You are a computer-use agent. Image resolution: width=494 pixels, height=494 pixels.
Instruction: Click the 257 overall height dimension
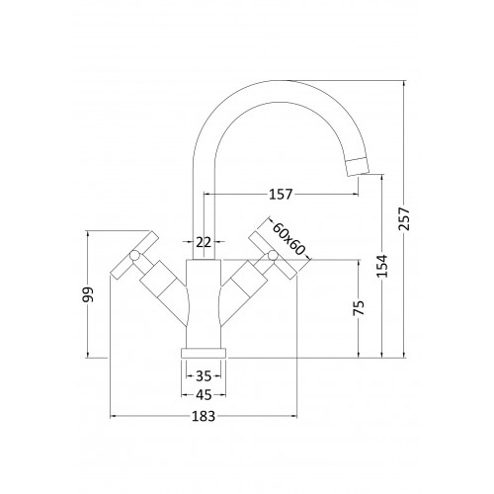404,219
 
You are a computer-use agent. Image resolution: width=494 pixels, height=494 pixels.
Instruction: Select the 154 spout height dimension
382,266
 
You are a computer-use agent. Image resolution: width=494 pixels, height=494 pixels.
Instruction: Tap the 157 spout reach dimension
281,195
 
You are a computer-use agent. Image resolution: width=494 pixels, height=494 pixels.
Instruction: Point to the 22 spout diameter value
204,243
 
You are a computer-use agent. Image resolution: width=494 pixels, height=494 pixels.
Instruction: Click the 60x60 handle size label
289,239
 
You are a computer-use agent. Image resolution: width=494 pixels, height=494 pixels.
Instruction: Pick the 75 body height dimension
360,307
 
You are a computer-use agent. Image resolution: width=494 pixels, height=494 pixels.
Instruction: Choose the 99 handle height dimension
88,294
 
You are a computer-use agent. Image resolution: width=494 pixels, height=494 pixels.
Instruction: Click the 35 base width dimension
204,375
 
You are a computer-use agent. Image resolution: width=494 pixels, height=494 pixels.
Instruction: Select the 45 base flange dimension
204,394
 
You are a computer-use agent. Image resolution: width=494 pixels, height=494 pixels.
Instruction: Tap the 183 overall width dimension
204,416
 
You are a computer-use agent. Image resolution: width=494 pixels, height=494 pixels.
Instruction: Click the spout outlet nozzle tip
358,167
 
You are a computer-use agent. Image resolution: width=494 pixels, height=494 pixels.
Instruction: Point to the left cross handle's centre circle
134,255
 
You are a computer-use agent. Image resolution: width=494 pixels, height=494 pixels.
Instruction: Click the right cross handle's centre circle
273,255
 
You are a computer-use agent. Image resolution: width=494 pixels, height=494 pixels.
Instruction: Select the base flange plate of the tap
204,353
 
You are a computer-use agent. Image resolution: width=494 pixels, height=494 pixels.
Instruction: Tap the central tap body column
204,304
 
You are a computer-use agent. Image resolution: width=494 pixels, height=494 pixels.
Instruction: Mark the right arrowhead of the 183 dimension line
294,416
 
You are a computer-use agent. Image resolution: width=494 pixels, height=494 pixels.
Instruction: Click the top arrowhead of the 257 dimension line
404,83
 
